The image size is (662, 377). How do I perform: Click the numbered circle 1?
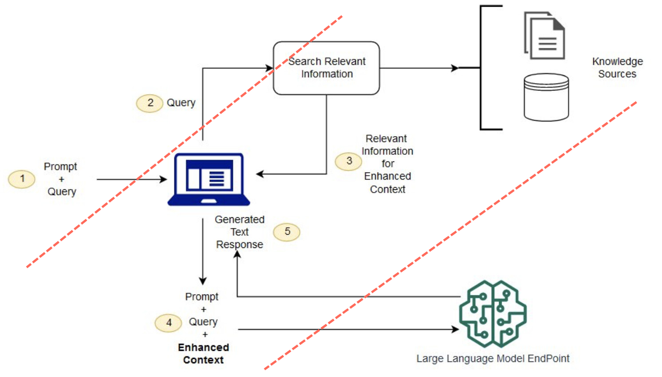point(22,179)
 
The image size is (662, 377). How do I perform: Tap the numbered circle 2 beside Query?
point(150,103)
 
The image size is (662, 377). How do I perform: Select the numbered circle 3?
point(348,161)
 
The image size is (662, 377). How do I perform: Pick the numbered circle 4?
point(168,323)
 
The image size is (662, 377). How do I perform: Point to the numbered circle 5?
point(287,232)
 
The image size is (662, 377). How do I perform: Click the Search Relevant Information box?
point(327,68)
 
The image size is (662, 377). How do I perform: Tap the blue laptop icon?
point(209,179)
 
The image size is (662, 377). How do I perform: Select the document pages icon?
point(545,36)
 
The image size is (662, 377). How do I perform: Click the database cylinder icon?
point(546,97)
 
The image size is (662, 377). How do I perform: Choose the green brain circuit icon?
point(493,314)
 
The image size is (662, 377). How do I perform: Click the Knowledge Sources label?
point(617,67)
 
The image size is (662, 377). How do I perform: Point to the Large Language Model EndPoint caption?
point(493,358)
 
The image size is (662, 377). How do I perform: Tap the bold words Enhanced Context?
point(204,353)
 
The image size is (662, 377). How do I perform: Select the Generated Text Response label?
point(240,232)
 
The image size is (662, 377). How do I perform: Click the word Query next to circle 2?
point(181,103)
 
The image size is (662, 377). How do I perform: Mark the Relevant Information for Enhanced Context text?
point(387,164)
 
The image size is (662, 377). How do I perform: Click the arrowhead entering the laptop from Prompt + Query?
point(164,179)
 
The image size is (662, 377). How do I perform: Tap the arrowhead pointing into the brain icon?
point(455,330)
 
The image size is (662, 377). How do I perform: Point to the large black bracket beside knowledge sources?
point(482,68)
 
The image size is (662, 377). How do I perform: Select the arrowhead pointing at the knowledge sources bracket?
point(455,68)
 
